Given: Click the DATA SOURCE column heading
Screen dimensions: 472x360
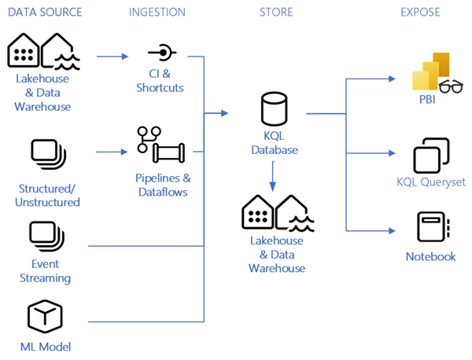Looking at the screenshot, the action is point(45,13).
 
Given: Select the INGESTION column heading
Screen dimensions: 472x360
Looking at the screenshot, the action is point(157,13).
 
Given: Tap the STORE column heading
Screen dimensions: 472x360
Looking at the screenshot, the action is point(276,13).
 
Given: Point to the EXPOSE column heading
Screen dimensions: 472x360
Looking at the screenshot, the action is point(420,13).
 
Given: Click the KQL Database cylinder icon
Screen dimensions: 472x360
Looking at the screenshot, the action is point(274,108).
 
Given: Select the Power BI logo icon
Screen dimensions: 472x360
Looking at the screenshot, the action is point(430,72).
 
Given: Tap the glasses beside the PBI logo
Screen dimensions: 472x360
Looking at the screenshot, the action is point(451,87).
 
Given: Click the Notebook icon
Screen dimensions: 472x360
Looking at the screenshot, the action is point(433,226).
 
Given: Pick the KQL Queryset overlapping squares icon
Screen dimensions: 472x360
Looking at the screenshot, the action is point(431,156).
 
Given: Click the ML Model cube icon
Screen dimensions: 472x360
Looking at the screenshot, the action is point(45,317).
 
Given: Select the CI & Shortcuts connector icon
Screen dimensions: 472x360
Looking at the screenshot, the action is point(163,53).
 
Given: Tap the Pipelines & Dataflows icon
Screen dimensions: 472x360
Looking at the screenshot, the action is point(161,145).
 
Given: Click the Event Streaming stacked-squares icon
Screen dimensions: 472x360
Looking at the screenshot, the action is point(47,237).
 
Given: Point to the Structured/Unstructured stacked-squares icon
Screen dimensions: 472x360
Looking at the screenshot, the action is point(49,154).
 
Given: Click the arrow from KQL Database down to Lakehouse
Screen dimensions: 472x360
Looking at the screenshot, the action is point(273,176).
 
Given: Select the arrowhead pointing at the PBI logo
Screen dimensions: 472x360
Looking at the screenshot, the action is point(392,79).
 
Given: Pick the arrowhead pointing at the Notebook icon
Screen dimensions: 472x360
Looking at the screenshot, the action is point(392,230).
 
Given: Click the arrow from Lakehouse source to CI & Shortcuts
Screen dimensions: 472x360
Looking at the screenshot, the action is point(112,57).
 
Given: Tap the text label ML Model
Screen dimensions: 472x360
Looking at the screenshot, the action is point(46,347).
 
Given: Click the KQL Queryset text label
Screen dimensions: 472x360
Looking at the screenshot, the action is point(431,182).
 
